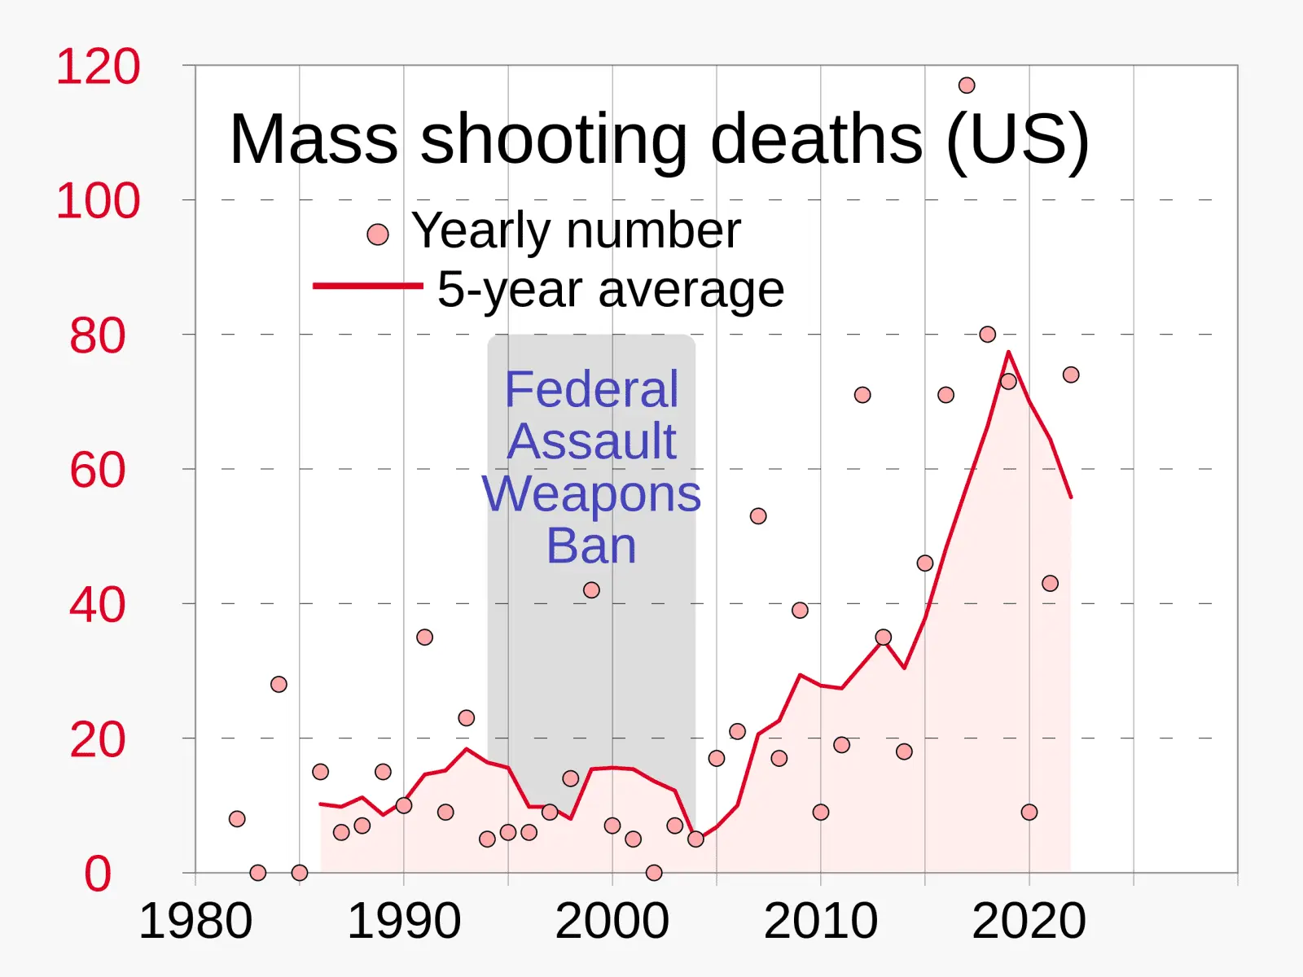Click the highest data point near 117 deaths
pyautogui.click(x=967, y=85)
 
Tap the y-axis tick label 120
pyautogui.click(x=98, y=67)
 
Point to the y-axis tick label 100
pyautogui.click(x=98, y=201)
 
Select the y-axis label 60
pyautogui.click(x=98, y=471)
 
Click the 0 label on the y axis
pyautogui.click(x=98, y=874)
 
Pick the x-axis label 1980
pyautogui.click(x=195, y=922)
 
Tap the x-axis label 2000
pyautogui.click(x=612, y=922)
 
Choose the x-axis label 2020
pyautogui.click(x=1029, y=922)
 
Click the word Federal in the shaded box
pyautogui.click(x=591, y=389)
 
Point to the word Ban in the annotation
pyautogui.click(x=591, y=545)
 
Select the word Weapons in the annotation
pyautogui.click(x=591, y=493)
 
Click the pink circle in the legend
pyautogui.click(x=378, y=234)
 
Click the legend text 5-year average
pyautogui.click(x=611, y=289)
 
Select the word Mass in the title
pyautogui.click(x=314, y=139)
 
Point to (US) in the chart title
pyautogui.click(x=1017, y=139)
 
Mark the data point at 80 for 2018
pyautogui.click(x=988, y=334)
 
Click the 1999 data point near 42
pyautogui.click(x=591, y=590)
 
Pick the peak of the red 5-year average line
pyautogui.click(x=1008, y=353)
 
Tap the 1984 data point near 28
pyautogui.click(x=279, y=684)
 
